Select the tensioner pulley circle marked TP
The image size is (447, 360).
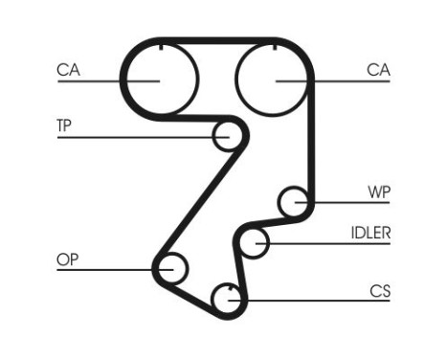pos(227,136)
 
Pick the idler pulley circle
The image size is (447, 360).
pos(254,243)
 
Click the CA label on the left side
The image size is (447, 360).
pos(67,69)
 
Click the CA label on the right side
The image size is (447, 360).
pos(378,69)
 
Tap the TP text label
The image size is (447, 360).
pos(66,126)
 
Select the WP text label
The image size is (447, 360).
pos(379,191)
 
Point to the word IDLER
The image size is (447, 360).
pos(370,233)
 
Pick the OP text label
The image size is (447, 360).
pos(67,259)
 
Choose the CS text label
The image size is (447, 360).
pos(380,288)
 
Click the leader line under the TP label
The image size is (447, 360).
pos(134,137)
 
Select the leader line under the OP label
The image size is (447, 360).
pos(105,269)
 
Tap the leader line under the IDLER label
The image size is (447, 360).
pos(325,243)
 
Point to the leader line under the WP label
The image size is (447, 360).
pos(345,202)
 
